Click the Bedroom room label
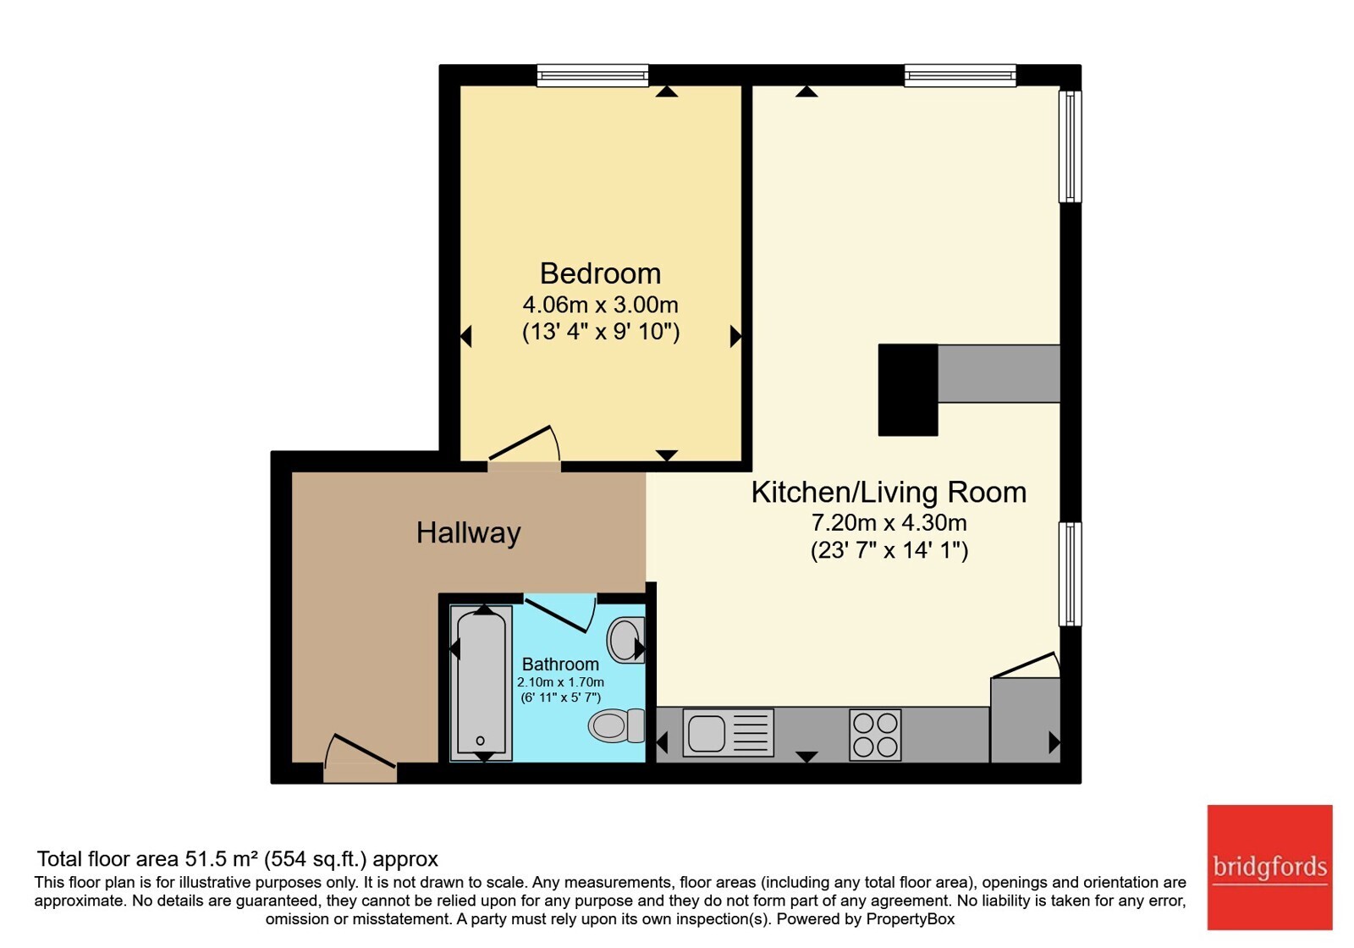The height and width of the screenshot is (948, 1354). (600, 274)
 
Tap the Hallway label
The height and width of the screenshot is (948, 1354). (469, 533)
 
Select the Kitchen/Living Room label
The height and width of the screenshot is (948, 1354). (889, 492)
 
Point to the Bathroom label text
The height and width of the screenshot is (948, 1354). (560, 664)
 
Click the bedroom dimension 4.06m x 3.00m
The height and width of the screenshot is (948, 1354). (600, 304)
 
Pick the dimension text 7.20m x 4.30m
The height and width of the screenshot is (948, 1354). (889, 522)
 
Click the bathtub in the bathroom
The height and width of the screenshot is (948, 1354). (482, 683)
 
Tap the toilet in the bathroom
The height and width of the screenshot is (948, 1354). (617, 725)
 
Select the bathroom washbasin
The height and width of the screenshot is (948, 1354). (625, 640)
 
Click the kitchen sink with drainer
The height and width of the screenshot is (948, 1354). (729, 733)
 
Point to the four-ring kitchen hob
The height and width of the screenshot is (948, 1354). (875, 735)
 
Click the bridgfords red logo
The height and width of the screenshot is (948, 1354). (1269, 867)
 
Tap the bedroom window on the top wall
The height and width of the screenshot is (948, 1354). (593, 75)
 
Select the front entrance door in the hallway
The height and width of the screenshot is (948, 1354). (361, 758)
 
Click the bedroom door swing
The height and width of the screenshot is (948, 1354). (524, 444)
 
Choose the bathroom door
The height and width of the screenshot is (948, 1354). (560, 614)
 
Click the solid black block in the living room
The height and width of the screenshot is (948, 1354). (908, 390)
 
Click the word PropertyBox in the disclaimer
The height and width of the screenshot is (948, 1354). (911, 919)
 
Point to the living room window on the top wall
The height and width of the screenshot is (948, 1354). (960, 75)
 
